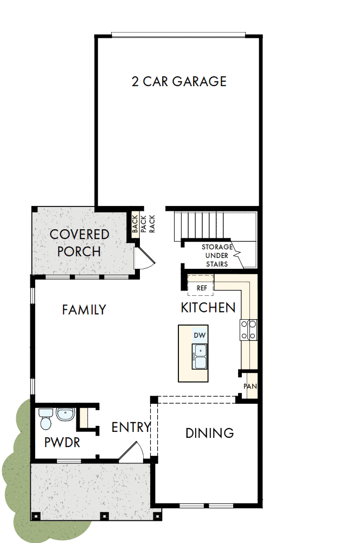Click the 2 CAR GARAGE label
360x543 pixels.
click(179, 82)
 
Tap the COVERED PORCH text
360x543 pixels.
click(79, 243)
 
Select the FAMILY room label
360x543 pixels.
click(83, 310)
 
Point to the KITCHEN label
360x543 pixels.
click(208, 308)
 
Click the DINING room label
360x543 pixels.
click(209, 433)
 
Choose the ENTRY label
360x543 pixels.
click(130, 427)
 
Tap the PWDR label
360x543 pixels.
click(62, 443)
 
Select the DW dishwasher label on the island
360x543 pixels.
click(199, 335)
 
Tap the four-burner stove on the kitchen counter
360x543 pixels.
click(249, 330)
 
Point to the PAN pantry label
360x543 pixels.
click(249, 386)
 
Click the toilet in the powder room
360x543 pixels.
click(45, 418)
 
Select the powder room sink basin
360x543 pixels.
click(65, 415)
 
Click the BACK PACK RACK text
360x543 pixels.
click(143, 223)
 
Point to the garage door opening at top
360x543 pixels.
click(178, 35)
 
